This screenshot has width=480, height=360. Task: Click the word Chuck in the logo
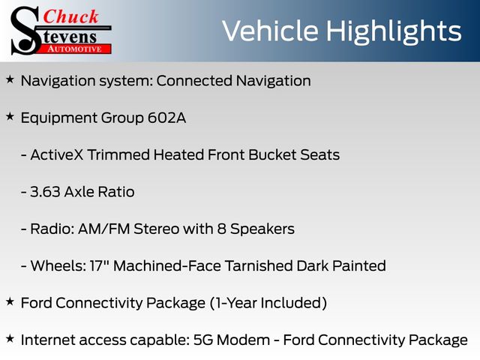point(70,16)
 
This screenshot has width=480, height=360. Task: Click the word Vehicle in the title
point(270,31)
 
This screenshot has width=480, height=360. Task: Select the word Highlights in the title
point(393,32)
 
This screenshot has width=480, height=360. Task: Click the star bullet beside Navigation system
point(10,79)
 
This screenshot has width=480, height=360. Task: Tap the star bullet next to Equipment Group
point(10,117)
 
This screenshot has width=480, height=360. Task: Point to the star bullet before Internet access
point(10,338)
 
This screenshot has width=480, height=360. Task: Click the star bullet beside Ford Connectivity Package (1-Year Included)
point(10,301)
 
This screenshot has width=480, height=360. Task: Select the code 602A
point(166,118)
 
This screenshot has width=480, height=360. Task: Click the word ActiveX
point(57,154)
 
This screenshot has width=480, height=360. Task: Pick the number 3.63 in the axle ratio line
point(45,192)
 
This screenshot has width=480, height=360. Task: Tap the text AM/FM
point(104,229)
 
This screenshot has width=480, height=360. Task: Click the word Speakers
point(262,229)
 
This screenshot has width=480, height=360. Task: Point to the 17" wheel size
point(98,265)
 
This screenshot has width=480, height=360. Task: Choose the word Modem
point(243,340)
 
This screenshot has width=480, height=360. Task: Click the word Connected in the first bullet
point(194,81)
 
